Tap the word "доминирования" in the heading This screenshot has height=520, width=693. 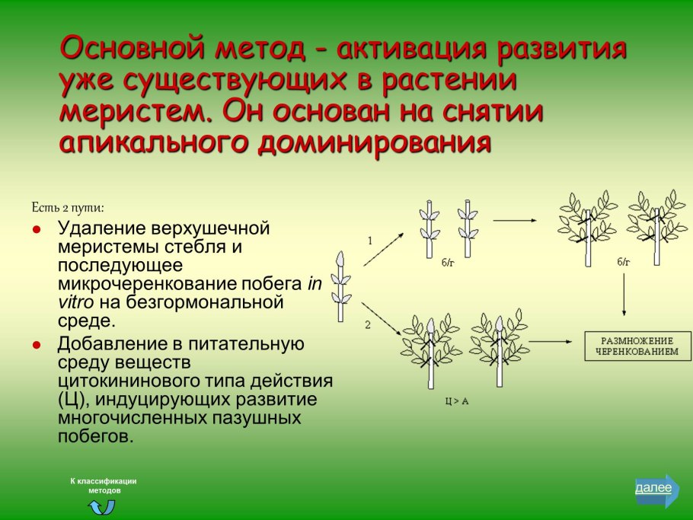[x=372, y=142]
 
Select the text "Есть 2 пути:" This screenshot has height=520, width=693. [x=68, y=207]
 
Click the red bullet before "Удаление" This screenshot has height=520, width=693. [x=37, y=228]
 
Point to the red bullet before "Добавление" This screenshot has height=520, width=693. [x=37, y=345]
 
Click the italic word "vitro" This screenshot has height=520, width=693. [x=75, y=302]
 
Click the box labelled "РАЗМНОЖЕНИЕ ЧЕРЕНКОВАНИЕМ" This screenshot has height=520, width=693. [x=631, y=346]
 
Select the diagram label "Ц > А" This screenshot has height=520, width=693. [x=456, y=400]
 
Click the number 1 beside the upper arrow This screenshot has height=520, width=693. [x=369, y=241]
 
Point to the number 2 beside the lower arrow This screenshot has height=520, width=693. [x=367, y=324]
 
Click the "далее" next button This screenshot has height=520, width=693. [x=655, y=488]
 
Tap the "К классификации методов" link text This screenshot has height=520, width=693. [x=103, y=486]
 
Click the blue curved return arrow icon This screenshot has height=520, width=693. [x=102, y=506]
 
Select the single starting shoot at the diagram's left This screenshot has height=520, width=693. [x=341, y=286]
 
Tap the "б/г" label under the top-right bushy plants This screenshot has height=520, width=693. [x=624, y=262]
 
